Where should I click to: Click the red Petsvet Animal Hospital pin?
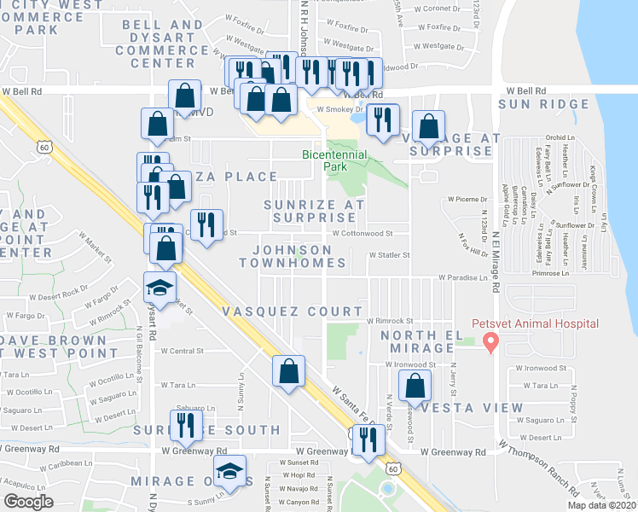(490, 343)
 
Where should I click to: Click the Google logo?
(29, 502)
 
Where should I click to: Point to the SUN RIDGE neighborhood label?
(543, 105)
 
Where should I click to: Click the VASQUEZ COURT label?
(290, 311)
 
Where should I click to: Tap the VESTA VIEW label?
(466, 407)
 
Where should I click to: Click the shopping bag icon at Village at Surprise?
(428, 126)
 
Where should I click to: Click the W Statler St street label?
(389, 254)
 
